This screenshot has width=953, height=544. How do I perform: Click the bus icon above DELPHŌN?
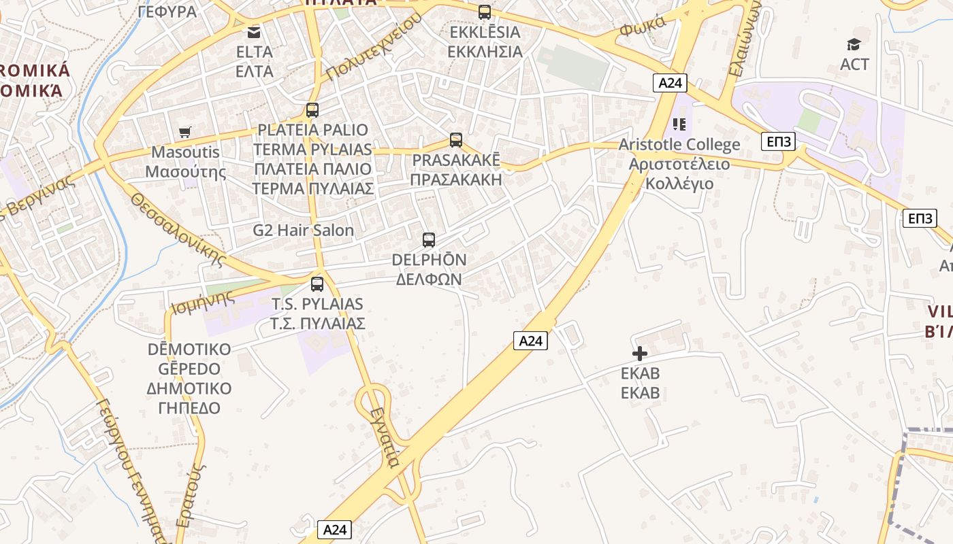pos(429,239)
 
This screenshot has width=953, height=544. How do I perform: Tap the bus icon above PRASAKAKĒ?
pos(456,140)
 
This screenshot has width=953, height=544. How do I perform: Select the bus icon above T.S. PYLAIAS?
pos(317,284)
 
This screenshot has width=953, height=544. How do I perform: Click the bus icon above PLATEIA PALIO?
pos(312,110)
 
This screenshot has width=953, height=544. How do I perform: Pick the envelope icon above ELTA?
pos(254,32)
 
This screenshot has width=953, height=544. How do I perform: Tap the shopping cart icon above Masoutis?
pos(184,132)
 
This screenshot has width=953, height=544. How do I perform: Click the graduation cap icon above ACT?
pos(854,45)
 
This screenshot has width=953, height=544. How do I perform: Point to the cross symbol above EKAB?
pos(640,354)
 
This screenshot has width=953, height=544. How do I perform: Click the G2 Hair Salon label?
pos(304,231)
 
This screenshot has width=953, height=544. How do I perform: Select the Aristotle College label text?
pos(679,145)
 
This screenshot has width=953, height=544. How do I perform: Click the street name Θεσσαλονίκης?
pos(178,228)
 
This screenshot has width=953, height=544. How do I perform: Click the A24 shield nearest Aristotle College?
pos(670,83)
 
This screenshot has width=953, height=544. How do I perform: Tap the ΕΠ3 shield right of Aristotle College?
pos(778,141)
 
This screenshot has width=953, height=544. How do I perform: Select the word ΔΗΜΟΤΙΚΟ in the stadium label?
pos(189,388)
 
